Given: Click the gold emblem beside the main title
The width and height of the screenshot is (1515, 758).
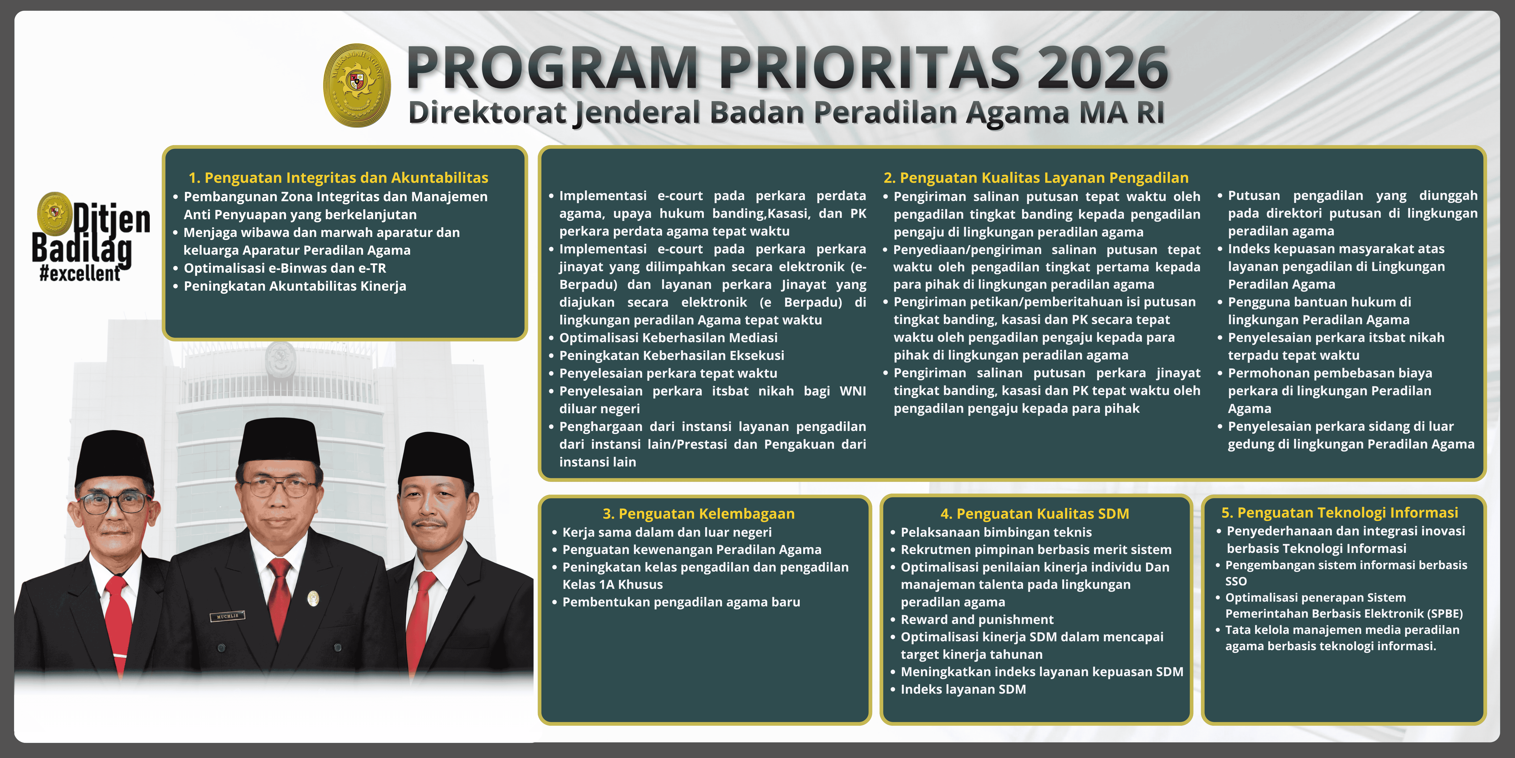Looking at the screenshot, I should pos(357,85).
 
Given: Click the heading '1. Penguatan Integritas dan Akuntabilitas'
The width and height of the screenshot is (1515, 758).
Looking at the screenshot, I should pos(338,178).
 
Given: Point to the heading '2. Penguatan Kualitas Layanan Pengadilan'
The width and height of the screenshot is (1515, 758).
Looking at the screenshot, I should pos(1036,178).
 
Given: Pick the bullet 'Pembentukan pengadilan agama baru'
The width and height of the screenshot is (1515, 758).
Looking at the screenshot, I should pos(681,602).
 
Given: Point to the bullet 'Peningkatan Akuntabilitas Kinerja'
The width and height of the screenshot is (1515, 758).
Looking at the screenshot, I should pos(295,286).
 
